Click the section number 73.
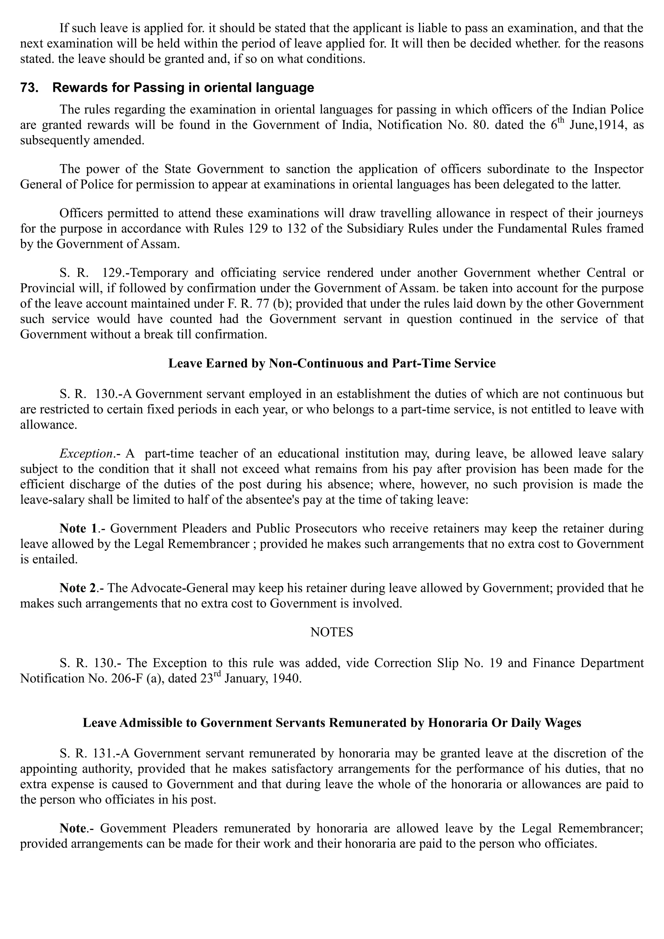click(x=29, y=88)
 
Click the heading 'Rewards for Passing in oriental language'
click(x=183, y=88)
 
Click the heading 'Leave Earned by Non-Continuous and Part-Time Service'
click(x=332, y=363)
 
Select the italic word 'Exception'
click(x=86, y=454)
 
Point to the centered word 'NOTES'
click(x=332, y=632)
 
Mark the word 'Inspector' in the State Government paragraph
click(x=619, y=169)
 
